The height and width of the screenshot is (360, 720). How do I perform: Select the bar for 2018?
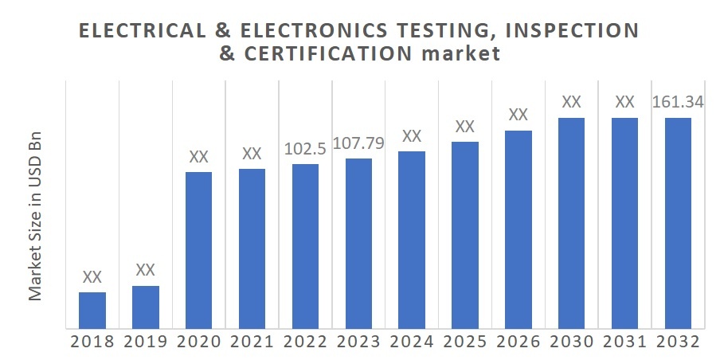pyautogui.click(x=92, y=310)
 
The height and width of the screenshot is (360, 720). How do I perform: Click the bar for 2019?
pyautogui.click(x=146, y=307)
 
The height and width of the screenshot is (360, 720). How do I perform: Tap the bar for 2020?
pyautogui.click(x=198, y=249)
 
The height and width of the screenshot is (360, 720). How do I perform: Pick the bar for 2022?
pyautogui.click(x=305, y=245)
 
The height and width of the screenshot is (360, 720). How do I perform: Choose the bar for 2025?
pyautogui.click(x=464, y=234)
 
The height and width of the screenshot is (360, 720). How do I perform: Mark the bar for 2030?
pyautogui.click(x=571, y=222)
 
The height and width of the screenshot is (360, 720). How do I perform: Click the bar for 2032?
pyautogui.click(x=677, y=222)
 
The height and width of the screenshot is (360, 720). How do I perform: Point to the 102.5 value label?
pyautogui.click(x=305, y=150)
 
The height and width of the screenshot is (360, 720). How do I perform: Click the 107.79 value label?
pyautogui.click(x=358, y=145)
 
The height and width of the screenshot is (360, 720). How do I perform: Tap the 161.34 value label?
pyautogui.click(x=677, y=103)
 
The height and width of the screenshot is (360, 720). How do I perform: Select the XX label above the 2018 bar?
pyautogui.click(x=92, y=277)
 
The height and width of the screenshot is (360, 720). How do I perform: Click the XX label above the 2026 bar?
pyautogui.click(x=518, y=115)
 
